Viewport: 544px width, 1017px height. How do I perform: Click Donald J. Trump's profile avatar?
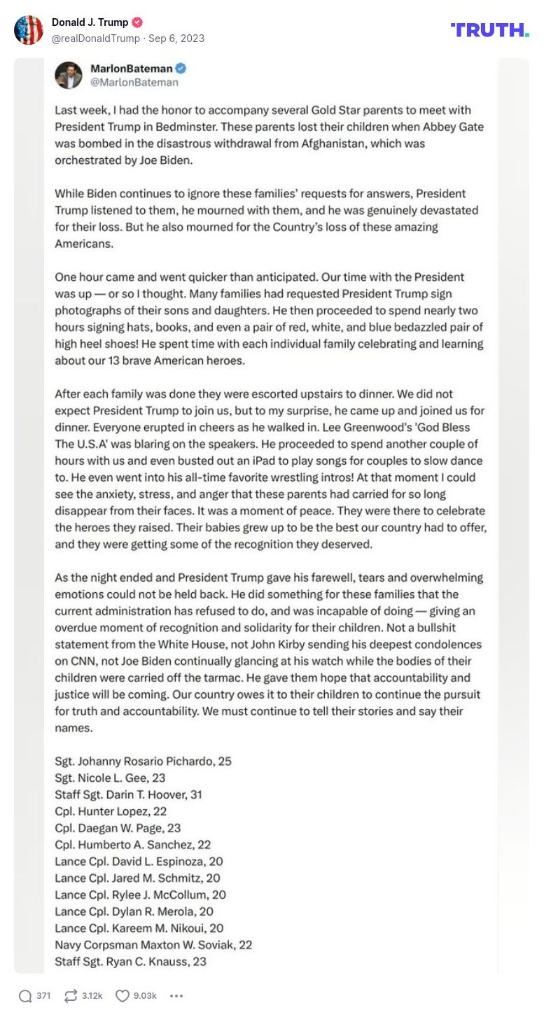(x=29, y=30)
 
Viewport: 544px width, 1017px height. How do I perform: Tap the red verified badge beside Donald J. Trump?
(x=138, y=22)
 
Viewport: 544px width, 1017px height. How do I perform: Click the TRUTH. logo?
(x=489, y=29)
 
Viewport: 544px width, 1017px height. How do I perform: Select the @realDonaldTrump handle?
(x=96, y=38)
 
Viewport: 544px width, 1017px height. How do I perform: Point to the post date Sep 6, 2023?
(x=176, y=38)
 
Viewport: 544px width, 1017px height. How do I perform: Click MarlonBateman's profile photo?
(x=69, y=75)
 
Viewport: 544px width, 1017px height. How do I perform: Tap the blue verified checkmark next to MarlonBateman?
(x=181, y=69)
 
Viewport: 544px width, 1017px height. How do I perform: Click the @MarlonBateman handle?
(x=134, y=83)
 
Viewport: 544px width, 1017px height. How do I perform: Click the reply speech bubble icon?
(x=25, y=995)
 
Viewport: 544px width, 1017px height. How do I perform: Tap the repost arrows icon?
(x=70, y=995)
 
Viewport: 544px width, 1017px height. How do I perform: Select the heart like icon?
(x=123, y=995)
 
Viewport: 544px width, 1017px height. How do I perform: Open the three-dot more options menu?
(x=176, y=995)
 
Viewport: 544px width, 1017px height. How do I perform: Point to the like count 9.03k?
(x=145, y=995)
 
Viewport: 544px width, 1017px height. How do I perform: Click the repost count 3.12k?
(x=92, y=995)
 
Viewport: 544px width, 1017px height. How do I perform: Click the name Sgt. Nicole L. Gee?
(x=110, y=778)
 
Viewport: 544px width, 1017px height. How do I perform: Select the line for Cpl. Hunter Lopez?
(x=111, y=811)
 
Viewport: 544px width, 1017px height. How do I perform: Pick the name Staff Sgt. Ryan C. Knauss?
(x=130, y=962)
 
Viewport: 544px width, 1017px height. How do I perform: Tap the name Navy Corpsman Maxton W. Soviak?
(x=153, y=945)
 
